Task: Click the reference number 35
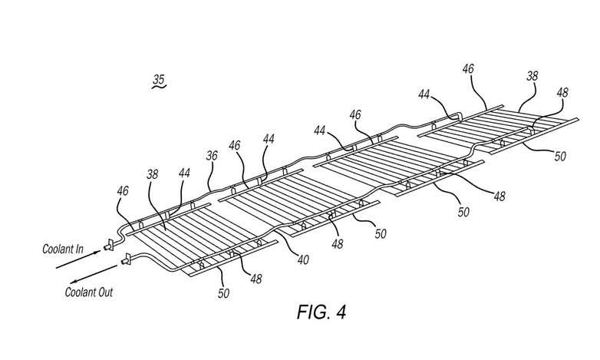158,79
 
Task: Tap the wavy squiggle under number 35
158,89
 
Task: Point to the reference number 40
303,259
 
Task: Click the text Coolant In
62,250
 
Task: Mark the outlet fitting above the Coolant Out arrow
125,261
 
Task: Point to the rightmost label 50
561,156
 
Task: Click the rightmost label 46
468,69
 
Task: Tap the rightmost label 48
561,93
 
